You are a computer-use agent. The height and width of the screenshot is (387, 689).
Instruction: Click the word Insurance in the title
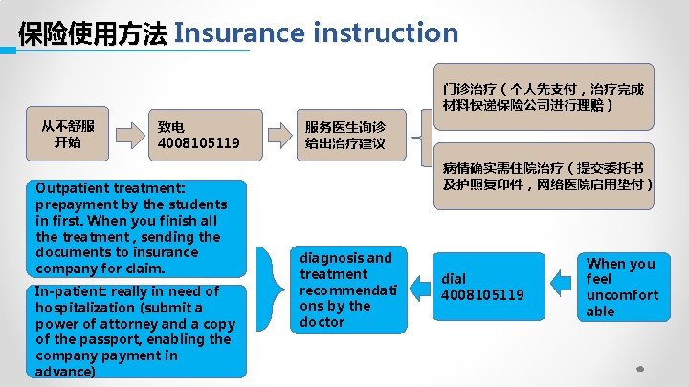tap(239, 33)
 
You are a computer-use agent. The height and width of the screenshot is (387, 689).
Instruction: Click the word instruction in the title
tap(386, 33)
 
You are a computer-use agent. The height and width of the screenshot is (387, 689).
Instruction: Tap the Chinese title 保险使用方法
tap(92, 35)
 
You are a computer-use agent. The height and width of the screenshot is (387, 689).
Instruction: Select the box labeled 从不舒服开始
tap(68, 135)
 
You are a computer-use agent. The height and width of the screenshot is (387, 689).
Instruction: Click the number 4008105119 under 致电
tap(199, 144)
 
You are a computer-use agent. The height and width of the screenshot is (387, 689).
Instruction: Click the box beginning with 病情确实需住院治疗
tap(546, 176)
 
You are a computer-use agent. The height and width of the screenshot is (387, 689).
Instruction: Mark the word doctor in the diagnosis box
tap(322, 322)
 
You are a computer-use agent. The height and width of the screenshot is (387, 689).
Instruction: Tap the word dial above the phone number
tap(453, 279)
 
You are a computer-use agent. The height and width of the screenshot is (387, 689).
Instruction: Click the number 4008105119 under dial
tap(482, 295)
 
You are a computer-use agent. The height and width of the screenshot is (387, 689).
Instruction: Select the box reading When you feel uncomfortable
tap(622, 287)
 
